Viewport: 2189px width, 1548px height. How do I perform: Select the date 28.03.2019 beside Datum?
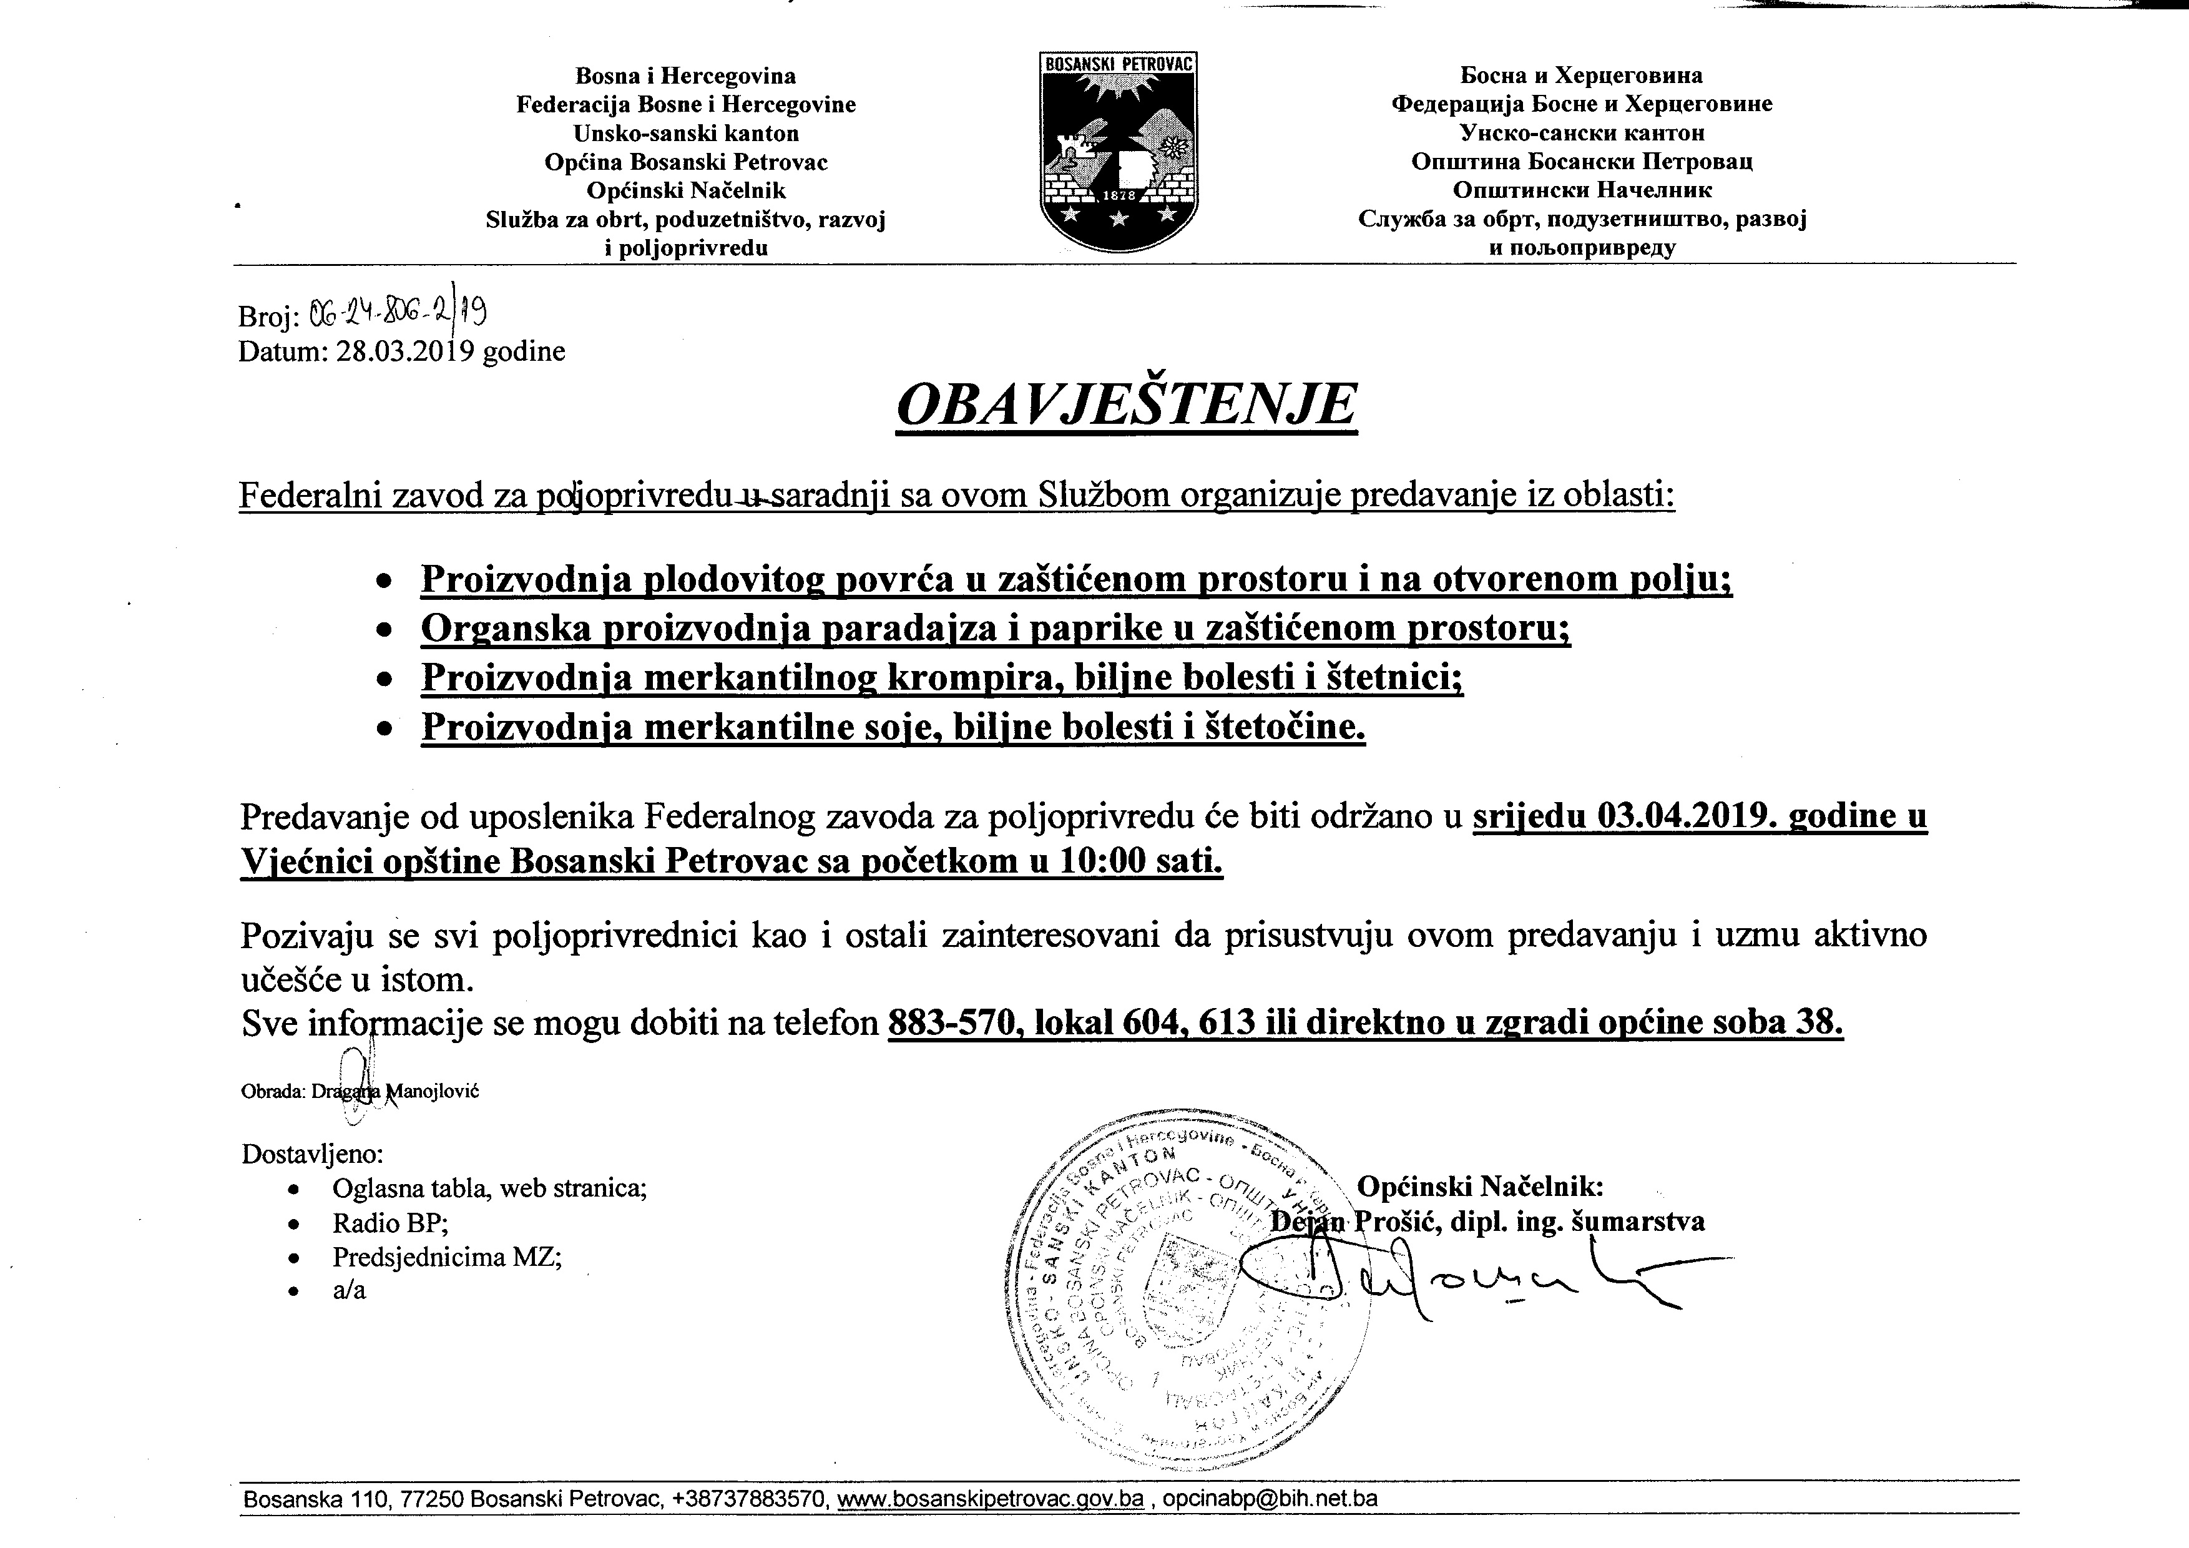[x=405, y=351]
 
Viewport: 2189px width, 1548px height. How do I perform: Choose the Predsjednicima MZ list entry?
[x=446, y=1257]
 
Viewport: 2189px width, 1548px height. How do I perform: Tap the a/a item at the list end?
[x=349, y=1291]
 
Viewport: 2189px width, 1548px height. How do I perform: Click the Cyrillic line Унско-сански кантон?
[x=1582, y=132]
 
